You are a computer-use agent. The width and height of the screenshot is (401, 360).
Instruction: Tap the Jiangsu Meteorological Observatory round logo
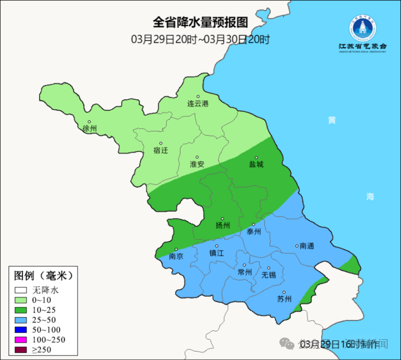coord(362,28)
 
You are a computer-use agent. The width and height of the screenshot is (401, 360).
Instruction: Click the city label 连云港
coord(198,104)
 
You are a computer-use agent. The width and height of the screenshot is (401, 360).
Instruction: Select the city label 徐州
coord(89,129)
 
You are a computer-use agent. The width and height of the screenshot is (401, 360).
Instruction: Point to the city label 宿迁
coord(160,151)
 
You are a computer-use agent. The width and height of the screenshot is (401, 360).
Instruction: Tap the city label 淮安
coord(197,164)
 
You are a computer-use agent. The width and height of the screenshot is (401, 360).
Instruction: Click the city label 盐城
coord(256,164)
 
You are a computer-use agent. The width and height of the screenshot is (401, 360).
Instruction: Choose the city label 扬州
coord(223,226)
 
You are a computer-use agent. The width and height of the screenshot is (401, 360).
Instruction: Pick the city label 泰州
coord(253,232)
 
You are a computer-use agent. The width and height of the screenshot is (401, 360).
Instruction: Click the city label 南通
coord(307,246)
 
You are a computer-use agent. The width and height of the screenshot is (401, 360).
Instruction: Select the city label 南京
coord(176,256)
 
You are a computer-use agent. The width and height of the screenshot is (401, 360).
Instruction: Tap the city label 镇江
coord(217,253)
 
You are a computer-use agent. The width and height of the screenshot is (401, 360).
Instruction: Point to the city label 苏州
coord(284,299)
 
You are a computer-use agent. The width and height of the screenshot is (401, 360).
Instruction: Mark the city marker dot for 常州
coord(244,265)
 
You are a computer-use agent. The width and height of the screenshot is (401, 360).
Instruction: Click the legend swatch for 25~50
coord(21,320)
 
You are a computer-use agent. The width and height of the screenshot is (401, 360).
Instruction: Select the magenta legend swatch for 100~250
coord(21,340)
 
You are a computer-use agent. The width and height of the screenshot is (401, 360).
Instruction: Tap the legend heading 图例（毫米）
coord(43,276)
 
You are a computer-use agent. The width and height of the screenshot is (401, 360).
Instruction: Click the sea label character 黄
coord(332,120)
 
